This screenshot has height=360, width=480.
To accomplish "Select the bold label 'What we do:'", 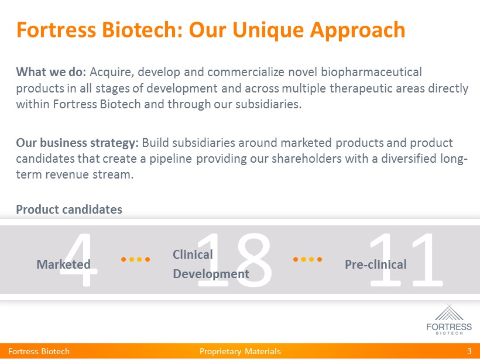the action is click(51, 72).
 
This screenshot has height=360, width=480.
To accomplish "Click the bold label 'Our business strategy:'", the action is click(77, 143).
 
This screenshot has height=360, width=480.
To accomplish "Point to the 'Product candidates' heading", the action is click(69, 210).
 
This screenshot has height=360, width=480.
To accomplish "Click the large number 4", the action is click(78, 260).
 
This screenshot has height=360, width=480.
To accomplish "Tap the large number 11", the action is click(406, 260).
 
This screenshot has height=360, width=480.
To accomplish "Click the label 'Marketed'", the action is click(63, 265).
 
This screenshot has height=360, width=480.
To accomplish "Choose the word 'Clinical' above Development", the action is click(193, 255).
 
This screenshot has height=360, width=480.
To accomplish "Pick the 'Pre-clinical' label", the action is click(376, 265).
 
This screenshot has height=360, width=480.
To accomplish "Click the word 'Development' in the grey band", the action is click(211, 275).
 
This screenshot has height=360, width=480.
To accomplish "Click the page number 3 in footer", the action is click(469, 351).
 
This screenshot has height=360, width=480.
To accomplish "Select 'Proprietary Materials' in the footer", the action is click(240, 351).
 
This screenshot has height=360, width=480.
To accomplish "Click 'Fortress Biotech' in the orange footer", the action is click(39, 351).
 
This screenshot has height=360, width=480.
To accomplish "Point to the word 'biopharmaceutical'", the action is click(371, 73).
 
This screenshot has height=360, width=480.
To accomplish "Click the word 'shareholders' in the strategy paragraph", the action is click(307, 159).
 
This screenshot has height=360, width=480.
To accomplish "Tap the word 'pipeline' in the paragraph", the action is click(171, 159).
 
